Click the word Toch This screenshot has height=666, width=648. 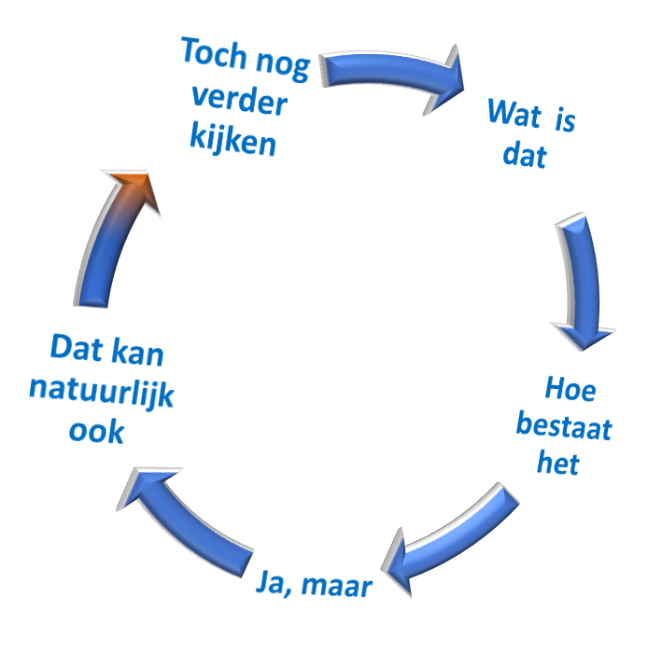click(214, 54)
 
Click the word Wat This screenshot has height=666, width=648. click(514, 115)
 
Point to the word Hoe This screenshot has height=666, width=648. click(570, 389)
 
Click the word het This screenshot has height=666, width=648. click(558, 463)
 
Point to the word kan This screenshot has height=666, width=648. click(137, 353)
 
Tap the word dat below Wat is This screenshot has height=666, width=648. click(524, 153)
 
